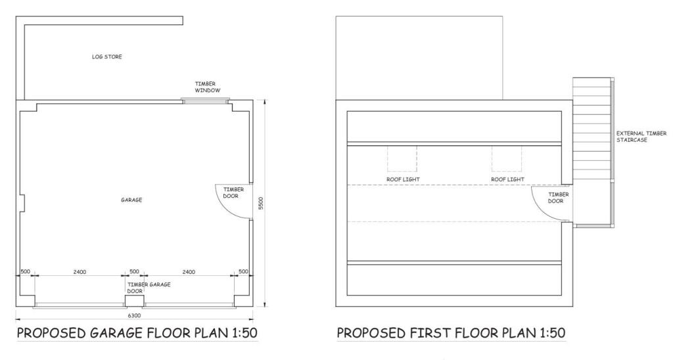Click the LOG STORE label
coord(106,57)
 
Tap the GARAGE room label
coord(131,200)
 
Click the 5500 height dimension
coord(261,203)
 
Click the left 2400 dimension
coord(80,271)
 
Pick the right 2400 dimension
coord(189,271)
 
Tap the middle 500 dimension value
coord(134,271)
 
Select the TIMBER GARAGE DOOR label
coord(149,288)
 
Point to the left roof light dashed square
coord(402,158)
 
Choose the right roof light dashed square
coord(507,158)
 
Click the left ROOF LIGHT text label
coord(403,179)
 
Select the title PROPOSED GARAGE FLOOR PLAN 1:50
coord(137,334)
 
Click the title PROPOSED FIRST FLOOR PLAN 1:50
coord(450,334)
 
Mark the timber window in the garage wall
coord(205,101)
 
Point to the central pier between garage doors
coord(135,301)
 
